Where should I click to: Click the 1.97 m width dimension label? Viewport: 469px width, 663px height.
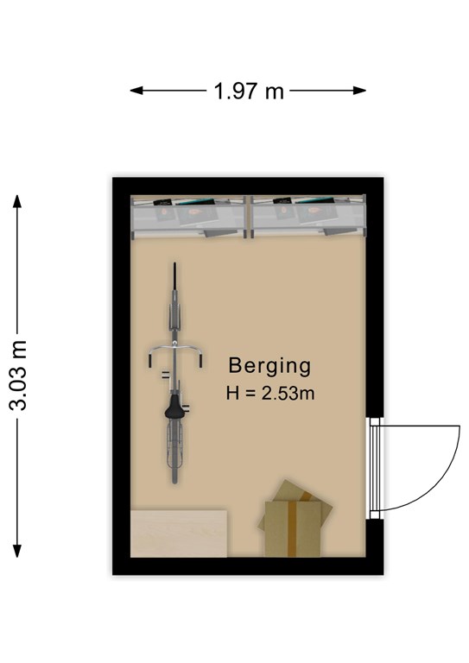tap(249, 91)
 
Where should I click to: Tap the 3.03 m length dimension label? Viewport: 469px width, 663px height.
tap(19, 375)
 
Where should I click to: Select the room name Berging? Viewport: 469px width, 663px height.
tap(269, 366)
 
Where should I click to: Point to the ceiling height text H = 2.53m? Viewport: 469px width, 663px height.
tap(270, 394)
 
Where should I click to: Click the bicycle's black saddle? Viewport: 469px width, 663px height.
tap(174, 407)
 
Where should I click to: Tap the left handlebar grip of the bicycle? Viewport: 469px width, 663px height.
tap(150, 361)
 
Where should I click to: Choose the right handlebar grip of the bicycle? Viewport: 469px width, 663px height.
tap(200, 361)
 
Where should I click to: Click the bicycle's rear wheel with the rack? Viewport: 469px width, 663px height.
tap(174, 451)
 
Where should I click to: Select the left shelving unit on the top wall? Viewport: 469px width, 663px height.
tap(188, 217)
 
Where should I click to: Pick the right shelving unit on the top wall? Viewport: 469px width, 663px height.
tap(307, 217)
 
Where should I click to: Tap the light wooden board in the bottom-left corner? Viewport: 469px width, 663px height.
tap(179, 534)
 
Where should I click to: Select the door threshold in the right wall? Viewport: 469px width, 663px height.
tap(374, 468)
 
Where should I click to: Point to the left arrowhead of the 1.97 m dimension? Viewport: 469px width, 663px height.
tap(136, 90)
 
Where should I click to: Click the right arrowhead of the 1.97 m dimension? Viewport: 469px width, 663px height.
tap(359, 90)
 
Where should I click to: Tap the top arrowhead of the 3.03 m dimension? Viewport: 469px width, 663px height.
tap(17, 201)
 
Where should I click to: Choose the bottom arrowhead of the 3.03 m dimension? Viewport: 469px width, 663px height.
tap(17, 551)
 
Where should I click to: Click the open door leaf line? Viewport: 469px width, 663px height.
tap(420, 426)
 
